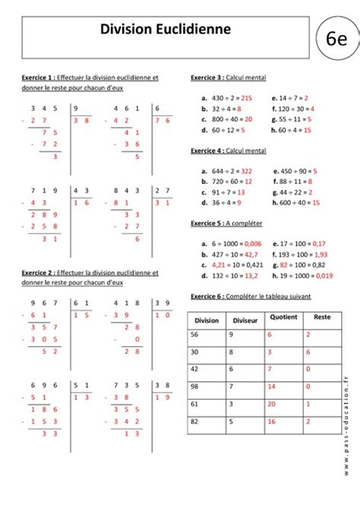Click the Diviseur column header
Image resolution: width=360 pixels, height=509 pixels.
click(245, 321)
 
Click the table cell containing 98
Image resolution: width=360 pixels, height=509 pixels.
click(196, 387)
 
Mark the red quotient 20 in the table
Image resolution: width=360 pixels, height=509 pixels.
click(271, 404)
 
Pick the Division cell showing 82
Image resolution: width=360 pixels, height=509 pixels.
click(196, 422)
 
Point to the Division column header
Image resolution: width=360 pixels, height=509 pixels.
click(207, 321)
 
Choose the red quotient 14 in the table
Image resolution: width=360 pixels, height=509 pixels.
click(271, 387)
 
